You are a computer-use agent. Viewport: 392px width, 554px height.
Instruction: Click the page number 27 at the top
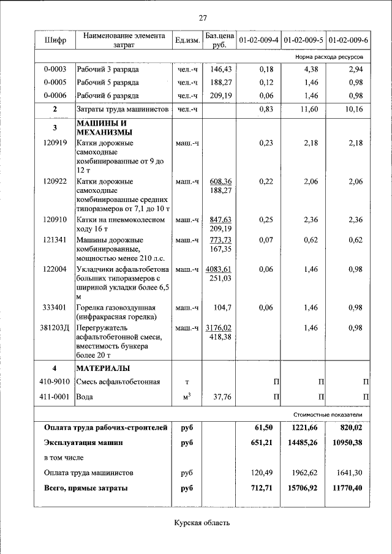[x=203, y=17]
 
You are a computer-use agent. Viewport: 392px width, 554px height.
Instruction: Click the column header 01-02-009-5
[x=303, y=40]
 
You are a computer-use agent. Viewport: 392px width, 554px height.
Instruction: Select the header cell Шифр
[x=55, y=40]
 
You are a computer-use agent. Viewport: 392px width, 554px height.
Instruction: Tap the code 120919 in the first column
[x=55, y=143]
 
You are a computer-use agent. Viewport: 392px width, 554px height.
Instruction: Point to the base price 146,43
[x=219, y=69]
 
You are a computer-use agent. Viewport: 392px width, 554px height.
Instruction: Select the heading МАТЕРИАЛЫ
[x=103, y=368]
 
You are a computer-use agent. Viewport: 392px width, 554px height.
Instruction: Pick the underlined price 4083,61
[x=219, y=269]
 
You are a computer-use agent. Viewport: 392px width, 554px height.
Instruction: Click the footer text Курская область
[x=203, y=522]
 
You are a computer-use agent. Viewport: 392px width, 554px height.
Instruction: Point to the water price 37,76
[x=220, y=396]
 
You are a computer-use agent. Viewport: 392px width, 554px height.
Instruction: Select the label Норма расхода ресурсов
[x=329, y=56]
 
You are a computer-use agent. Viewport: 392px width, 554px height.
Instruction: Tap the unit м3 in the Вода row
[x=186, y=396]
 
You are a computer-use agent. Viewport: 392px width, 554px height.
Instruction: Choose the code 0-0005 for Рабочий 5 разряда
[x=55, y=82]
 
